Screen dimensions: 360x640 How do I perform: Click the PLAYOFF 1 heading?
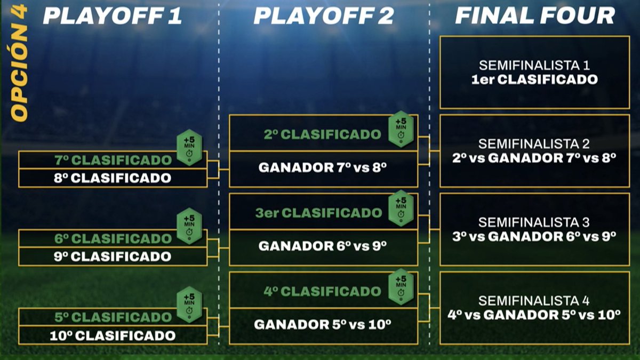[113, 16]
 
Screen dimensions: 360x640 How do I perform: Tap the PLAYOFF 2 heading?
[323, 16]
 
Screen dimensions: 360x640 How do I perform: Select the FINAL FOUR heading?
[535, 16]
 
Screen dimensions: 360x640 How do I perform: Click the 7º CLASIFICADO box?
[113, 160]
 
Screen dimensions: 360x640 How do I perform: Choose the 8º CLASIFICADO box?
[113, 178]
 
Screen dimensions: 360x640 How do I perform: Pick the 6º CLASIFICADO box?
[113, 238]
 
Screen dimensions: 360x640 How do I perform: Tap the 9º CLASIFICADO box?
[113, 257]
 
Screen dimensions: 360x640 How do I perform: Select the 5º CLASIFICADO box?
[113, 317]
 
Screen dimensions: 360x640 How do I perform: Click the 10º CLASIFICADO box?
[113, 335]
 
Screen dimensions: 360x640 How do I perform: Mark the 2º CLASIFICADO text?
[322, 134]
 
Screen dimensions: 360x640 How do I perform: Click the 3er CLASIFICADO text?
[318, 213]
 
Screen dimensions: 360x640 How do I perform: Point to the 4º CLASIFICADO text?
[322, 292]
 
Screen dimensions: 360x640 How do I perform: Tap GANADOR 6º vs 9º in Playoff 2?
[322, 246]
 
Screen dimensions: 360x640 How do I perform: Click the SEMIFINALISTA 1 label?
[534, 66]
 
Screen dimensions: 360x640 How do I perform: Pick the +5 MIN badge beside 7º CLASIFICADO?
[189, 145]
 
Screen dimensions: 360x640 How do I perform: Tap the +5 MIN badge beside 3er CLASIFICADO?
[401, 207]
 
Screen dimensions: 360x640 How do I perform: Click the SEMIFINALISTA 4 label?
[534, 301]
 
